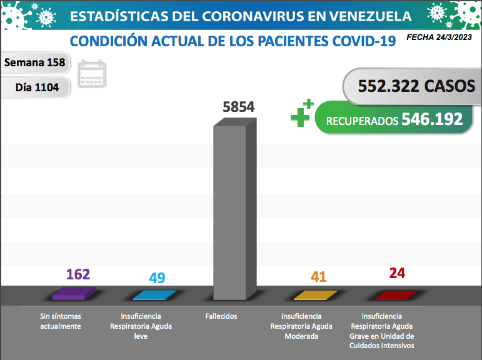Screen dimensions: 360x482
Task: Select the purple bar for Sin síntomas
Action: [74, 293]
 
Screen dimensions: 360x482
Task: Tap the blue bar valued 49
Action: [154, 295]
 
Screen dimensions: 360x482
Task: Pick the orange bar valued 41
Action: [315, 295]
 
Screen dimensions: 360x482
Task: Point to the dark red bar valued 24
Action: [395, 295]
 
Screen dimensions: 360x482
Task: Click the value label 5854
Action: [238, 107]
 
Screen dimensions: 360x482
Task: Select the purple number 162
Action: [78, 274]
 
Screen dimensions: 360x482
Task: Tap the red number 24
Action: [397, 273]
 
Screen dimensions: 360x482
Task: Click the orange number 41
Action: [319, 276]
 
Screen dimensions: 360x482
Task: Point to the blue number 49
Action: [157, 277]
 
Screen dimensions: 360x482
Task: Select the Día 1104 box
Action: [37, 87]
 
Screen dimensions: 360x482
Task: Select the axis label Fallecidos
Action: [221, 316]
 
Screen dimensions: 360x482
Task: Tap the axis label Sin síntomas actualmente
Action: [61, 321]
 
